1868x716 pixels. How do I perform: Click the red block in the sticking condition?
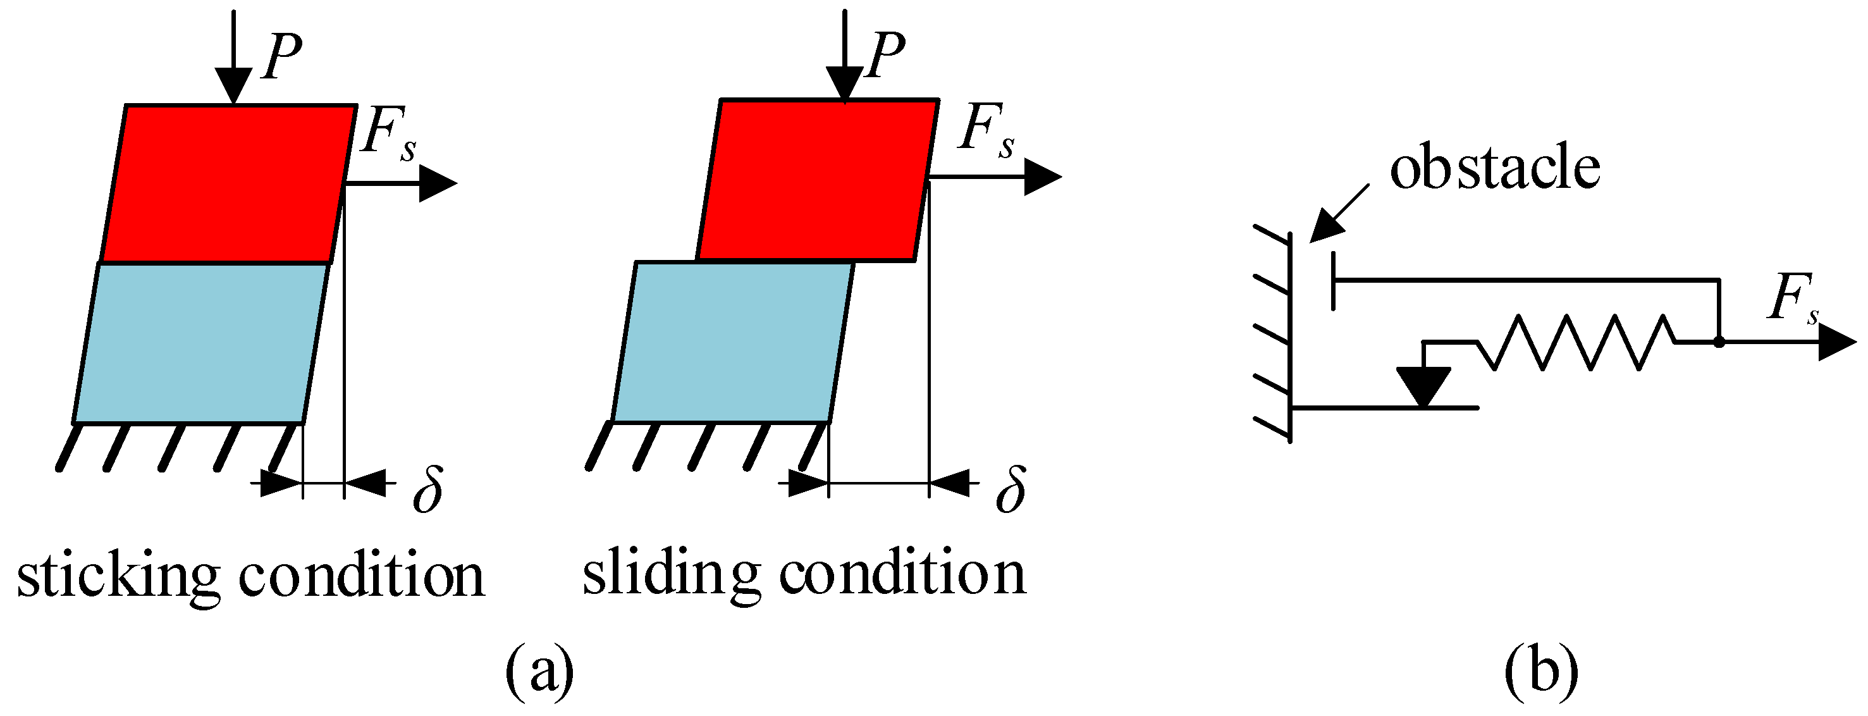pyautogui.click(x=228, y=183)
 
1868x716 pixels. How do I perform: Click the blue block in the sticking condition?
pyautogui.click(x=202, y=342)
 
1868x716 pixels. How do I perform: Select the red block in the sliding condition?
pyautogui.click(x=817, y=180)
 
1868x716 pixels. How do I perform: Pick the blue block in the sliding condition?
pyautogui.click(x=732, y=341)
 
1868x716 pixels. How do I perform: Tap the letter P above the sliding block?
pyautogui.click(x=885, y=54)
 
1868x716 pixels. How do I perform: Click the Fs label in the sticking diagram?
pyautogui.click(x=388, y=133)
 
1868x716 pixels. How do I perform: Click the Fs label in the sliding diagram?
pyautogui.click(x=985, y=130)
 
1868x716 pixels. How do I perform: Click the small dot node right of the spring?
pyautogui.click(x=1719, y=342)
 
